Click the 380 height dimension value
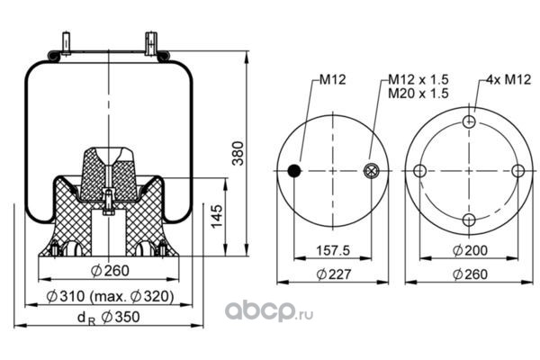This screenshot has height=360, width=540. coord(238,156)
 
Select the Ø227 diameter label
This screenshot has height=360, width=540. coord(335,275)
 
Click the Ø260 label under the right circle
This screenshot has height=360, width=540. coord(469,275)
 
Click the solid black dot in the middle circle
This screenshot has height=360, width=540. coord(292,172)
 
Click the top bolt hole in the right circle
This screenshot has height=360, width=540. coord(468,123)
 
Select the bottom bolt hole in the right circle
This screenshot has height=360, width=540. coord(468,220)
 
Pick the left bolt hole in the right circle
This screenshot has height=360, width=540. coord(419,172)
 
